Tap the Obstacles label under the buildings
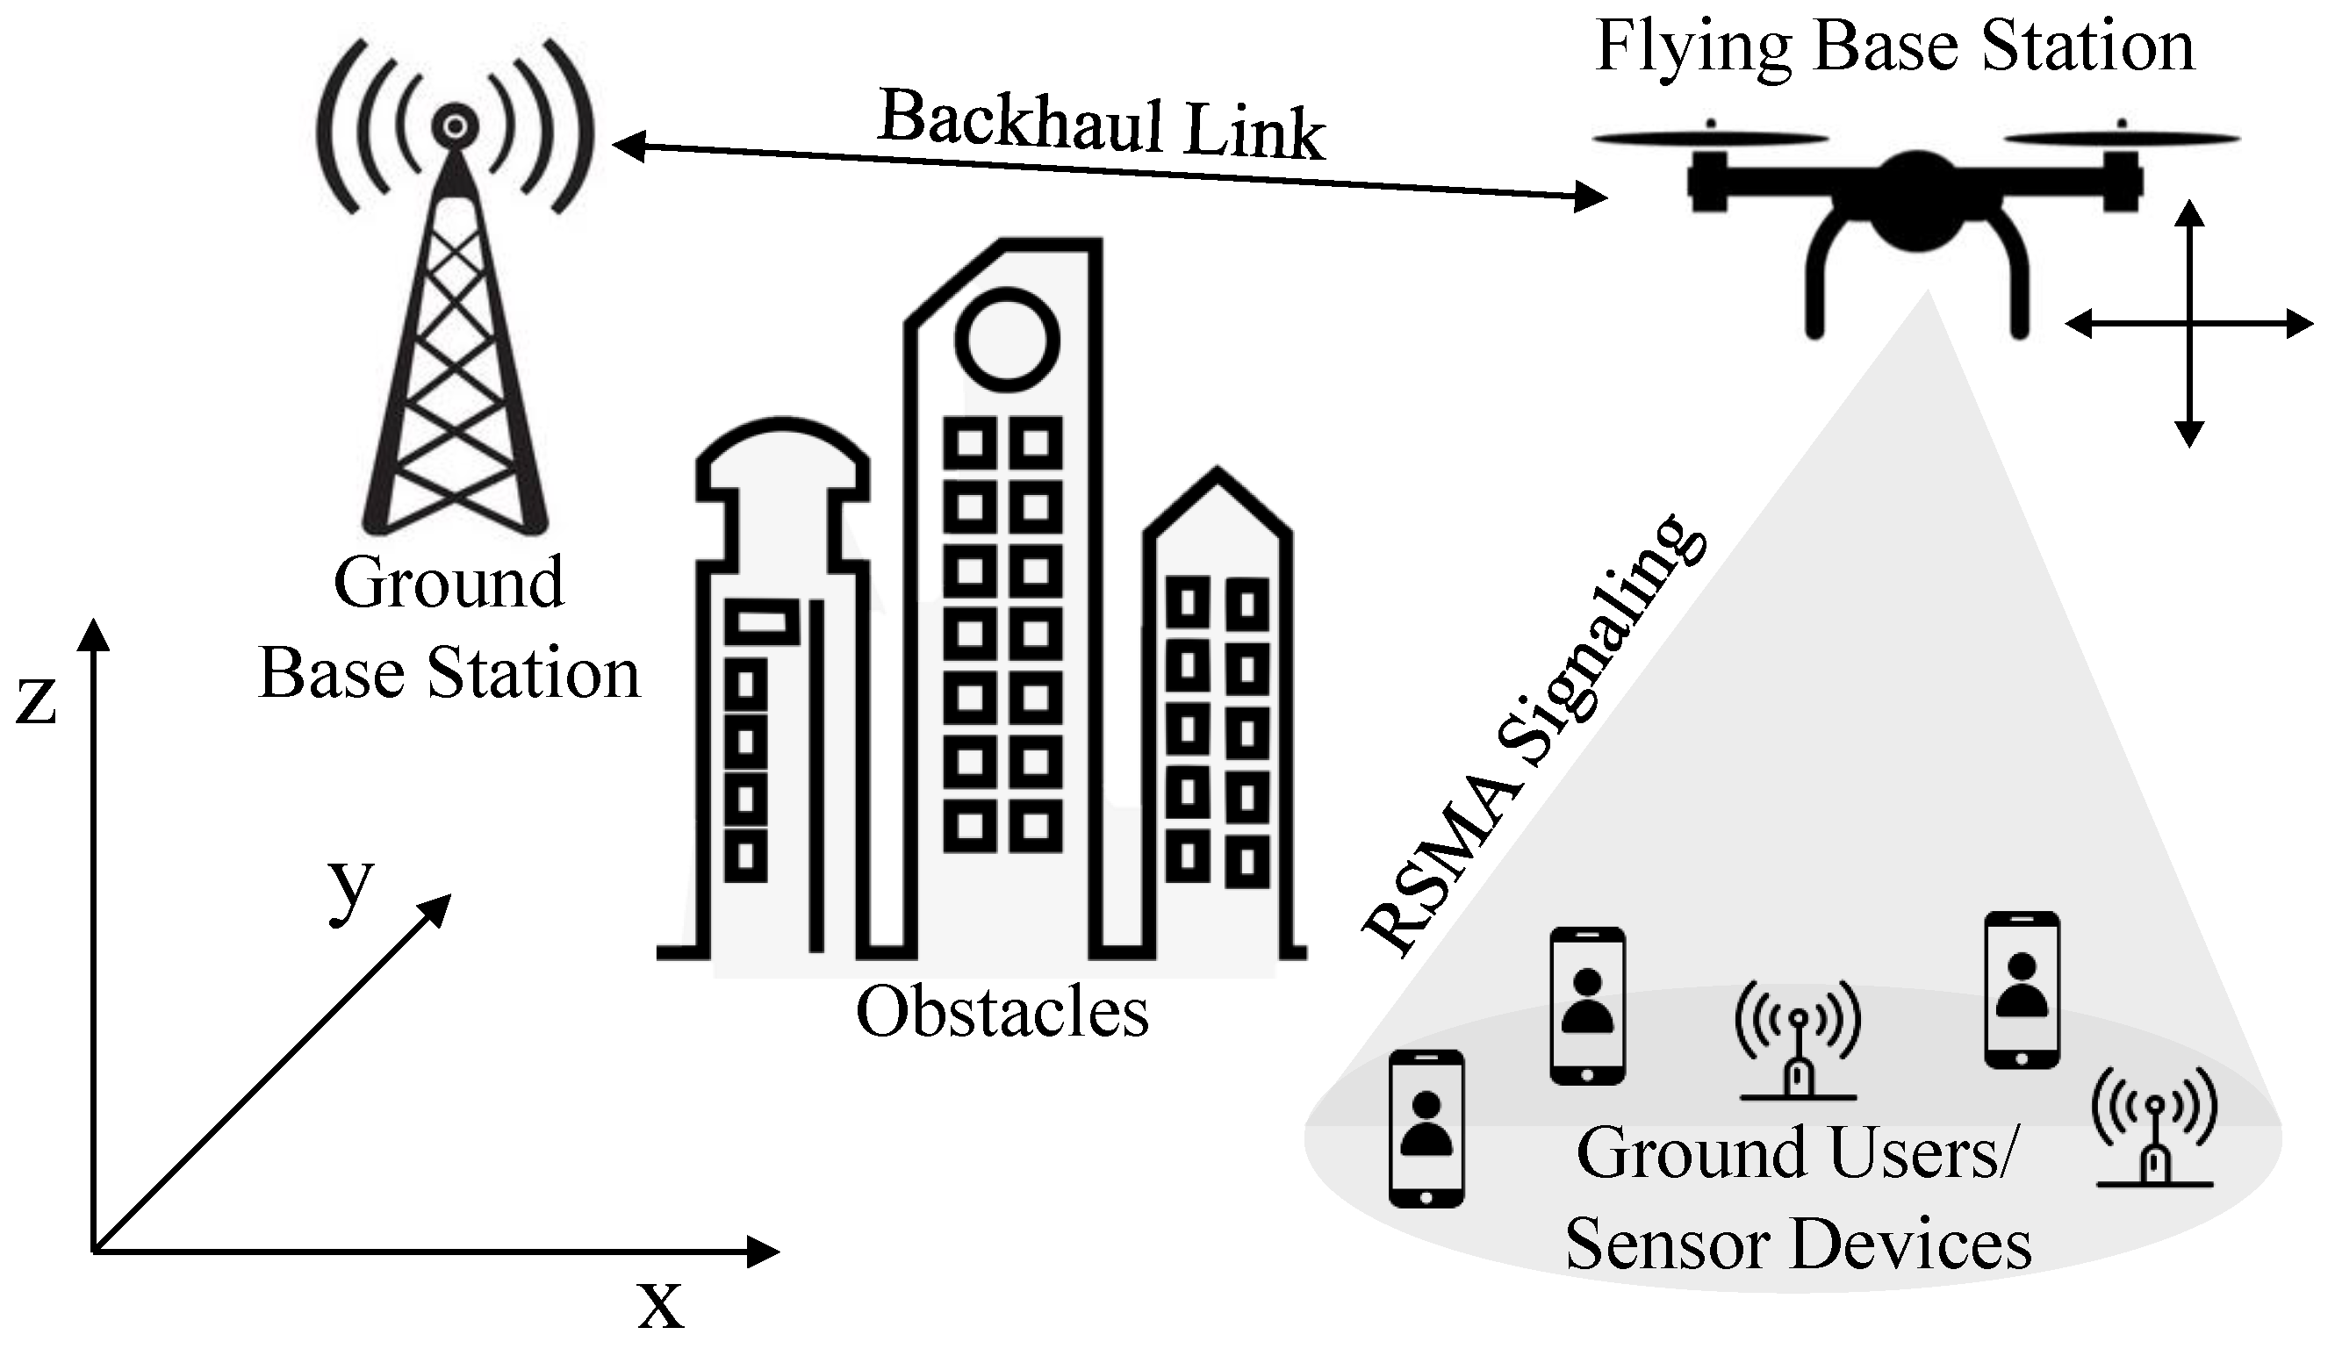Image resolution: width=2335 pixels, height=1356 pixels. [x=1002, y=1011]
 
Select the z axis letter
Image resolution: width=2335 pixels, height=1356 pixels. [x=37, y=701]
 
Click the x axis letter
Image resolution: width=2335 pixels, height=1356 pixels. [x=661, y=1304]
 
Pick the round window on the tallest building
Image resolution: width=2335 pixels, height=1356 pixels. [x=1007, y=340]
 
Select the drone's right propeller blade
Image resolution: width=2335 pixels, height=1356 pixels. [x=2122, y=140]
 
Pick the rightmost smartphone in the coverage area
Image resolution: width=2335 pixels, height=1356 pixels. [x=2022, y=989]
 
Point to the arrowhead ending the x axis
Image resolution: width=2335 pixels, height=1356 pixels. [x=764, y=1252]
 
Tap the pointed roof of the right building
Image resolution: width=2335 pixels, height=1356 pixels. [x=1217, y=491]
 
